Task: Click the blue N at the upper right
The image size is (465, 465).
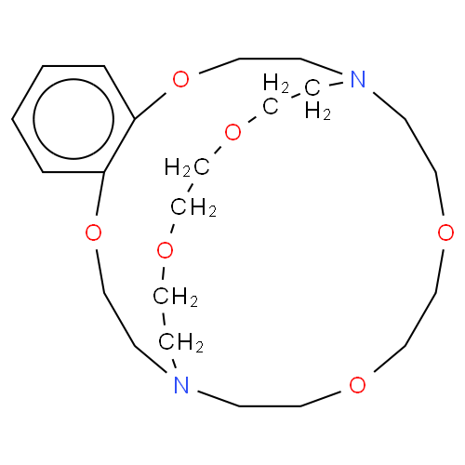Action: click(x=358, y=79)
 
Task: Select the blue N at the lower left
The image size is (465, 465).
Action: click(x=181, y=385)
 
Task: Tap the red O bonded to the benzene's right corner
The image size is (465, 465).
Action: click(x=180, y=79)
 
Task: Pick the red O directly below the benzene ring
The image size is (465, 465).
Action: click(x=93, y=232)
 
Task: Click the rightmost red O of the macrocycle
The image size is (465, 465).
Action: click(x=445, y=232)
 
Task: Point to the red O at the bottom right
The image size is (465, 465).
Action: click(x=357, y=385)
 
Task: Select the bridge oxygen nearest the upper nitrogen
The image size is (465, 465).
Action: click(x=232, y=132)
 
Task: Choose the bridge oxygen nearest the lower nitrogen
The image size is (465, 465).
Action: click(x=165, y=250)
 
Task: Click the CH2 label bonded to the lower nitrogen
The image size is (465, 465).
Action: click(x=181, y=342)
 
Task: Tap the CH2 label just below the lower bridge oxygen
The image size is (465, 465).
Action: click(x=176, y=297)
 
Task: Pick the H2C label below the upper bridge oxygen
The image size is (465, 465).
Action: click(x=187, y=167)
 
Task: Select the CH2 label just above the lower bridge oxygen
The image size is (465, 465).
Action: click(x=193, y=207)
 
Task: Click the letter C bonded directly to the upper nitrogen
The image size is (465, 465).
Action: click(x=312, y=87)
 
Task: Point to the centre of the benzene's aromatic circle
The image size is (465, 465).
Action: click(x=73, y=119)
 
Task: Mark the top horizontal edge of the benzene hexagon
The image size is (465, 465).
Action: click(x=73, y=66)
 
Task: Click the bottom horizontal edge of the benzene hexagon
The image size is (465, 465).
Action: click(x=73, y=172)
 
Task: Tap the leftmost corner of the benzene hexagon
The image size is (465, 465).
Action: click(x=12, y=119)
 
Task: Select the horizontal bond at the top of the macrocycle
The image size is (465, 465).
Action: click(x=270, y=59)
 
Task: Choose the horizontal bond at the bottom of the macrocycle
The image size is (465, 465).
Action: click(x=270, y=405)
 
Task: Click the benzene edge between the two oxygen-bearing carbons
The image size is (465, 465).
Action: click(x=119, y=145)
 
